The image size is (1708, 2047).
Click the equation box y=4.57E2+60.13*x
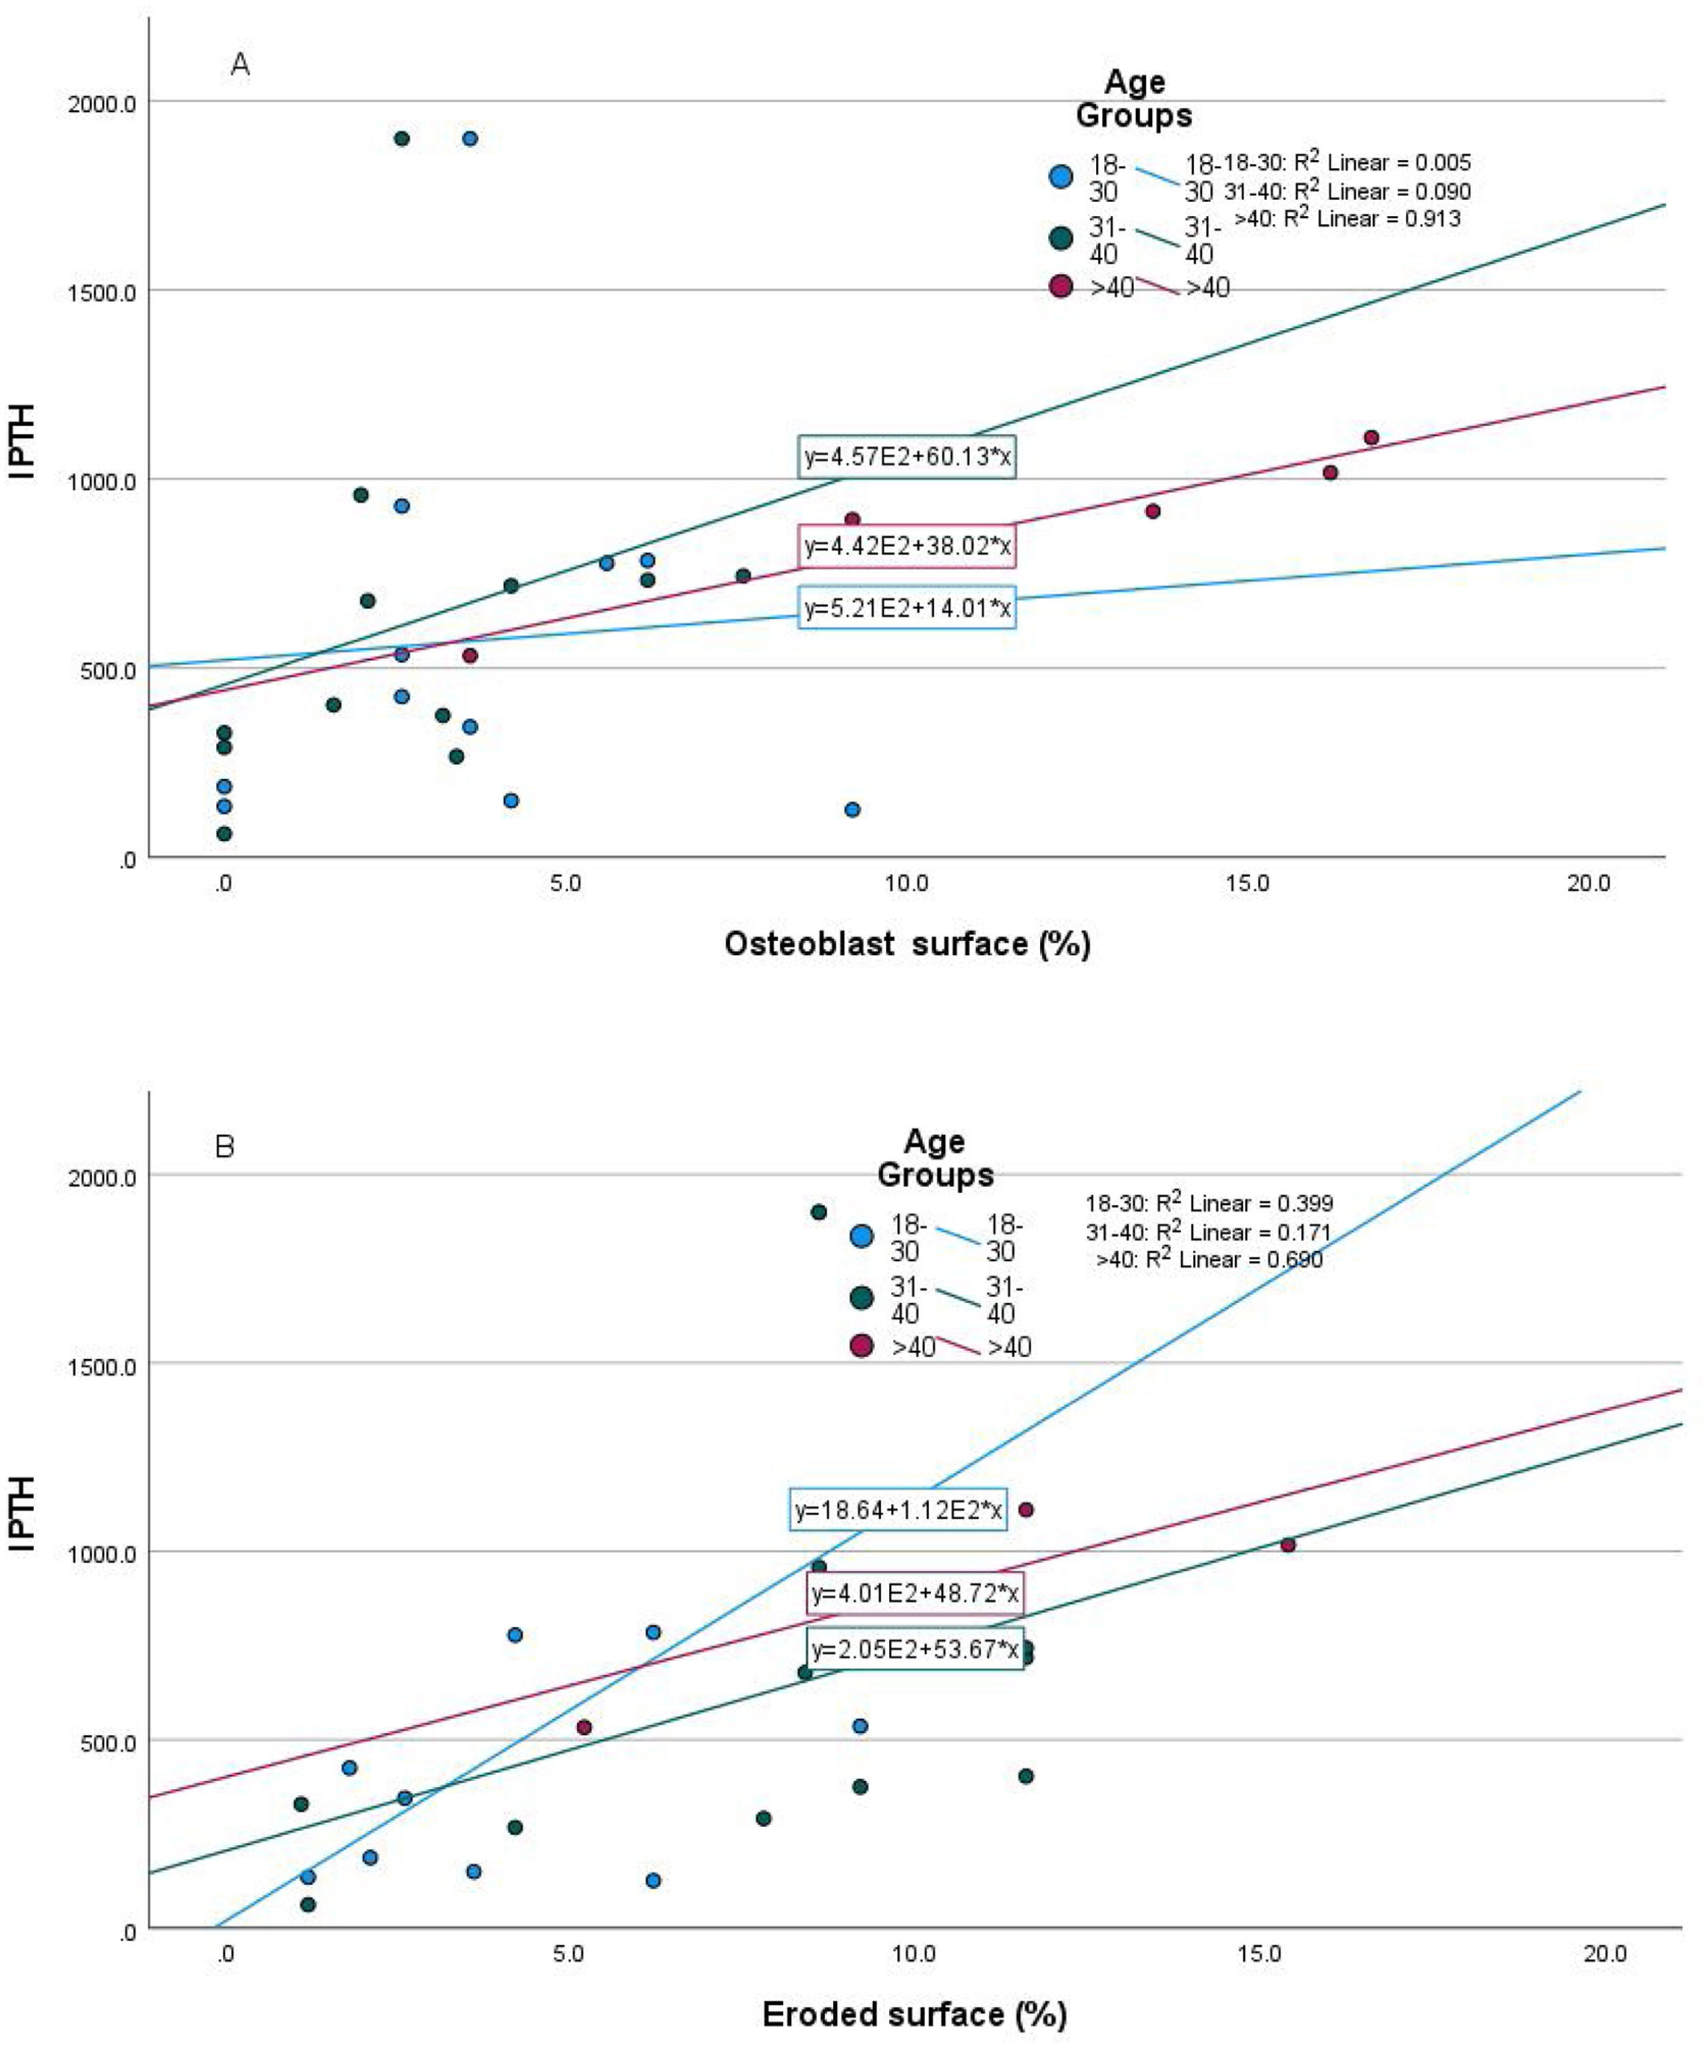pos(907,456)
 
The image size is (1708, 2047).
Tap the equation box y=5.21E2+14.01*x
pos(907,609)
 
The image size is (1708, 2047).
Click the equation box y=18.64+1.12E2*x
pos(898,1510)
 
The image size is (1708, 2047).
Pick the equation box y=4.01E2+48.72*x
pos(914,1593)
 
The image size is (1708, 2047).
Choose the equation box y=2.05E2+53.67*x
pos(914,1649)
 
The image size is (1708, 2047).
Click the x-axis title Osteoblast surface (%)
pos(907,943)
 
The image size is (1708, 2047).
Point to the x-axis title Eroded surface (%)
pos(913,2014)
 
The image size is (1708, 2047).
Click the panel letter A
pos(240,66)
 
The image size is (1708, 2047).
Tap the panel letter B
pos(224,1146)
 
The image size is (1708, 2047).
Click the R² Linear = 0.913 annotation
pos(1347,219)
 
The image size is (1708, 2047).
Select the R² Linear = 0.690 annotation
pos(1209,1259)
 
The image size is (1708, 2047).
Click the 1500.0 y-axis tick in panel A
pos(100,290)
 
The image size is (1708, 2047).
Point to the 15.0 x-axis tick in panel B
pos(1258,1953)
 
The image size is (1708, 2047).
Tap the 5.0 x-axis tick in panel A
pos(566,883)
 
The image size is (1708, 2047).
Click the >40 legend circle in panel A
pos(1061,286)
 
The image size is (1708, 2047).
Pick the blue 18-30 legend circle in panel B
pos(862,1236)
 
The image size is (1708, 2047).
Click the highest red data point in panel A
pos(1370,438)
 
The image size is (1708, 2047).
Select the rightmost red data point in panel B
pos(1288,1545)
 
